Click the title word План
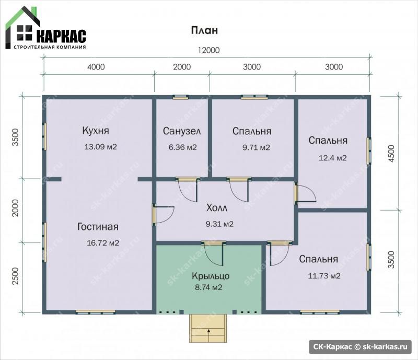coord(204,30)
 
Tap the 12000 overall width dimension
coord(208,50)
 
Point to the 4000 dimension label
coord(96,67)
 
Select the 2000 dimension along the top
coord(182,67)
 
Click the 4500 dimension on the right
coord(391,153)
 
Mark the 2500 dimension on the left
coord(16,276)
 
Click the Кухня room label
coord(96,131)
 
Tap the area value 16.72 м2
coord(103,243)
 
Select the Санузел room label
coord(182,131)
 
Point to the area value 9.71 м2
coord(256,147)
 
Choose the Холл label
coord(217,208)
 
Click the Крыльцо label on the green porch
coord(211,276)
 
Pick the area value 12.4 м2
coord(333,158)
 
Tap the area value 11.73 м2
coord(324,276)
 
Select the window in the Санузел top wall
coord(181,97)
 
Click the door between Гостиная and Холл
coord(154,215)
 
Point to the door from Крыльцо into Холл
coord(213,243)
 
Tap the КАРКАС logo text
coord(61,36)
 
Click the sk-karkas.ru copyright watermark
coord(361,346)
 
